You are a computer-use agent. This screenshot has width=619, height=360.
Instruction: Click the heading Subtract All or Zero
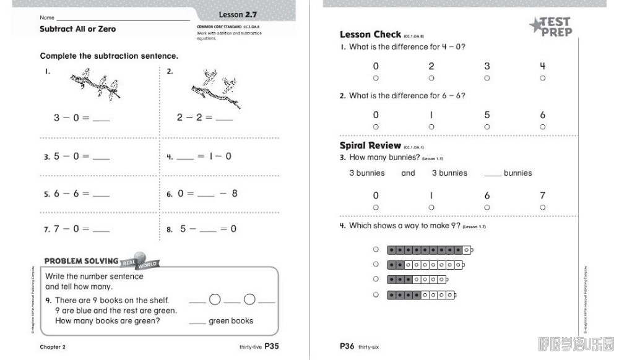tap(77, 29)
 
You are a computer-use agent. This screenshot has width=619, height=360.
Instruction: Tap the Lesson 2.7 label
tap(238, 14)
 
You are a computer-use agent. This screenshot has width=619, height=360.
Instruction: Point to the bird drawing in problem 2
tap(214, 85)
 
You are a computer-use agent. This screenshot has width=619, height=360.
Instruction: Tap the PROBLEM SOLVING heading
tap(80, 261)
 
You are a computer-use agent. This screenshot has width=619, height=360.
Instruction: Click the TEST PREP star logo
tap(550, 27)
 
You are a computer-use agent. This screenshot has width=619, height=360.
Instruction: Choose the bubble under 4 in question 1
tap(543, 79)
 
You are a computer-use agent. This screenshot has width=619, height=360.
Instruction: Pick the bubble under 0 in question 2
tap(376, 127)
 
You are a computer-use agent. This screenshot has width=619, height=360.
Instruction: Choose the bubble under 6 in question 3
tap(487, 208)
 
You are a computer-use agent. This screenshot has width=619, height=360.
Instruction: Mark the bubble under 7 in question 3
tap(543, 208)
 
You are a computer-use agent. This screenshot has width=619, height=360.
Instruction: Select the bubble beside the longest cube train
tap(376, 250)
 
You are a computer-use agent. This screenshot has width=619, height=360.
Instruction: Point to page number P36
tap(347, 346)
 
